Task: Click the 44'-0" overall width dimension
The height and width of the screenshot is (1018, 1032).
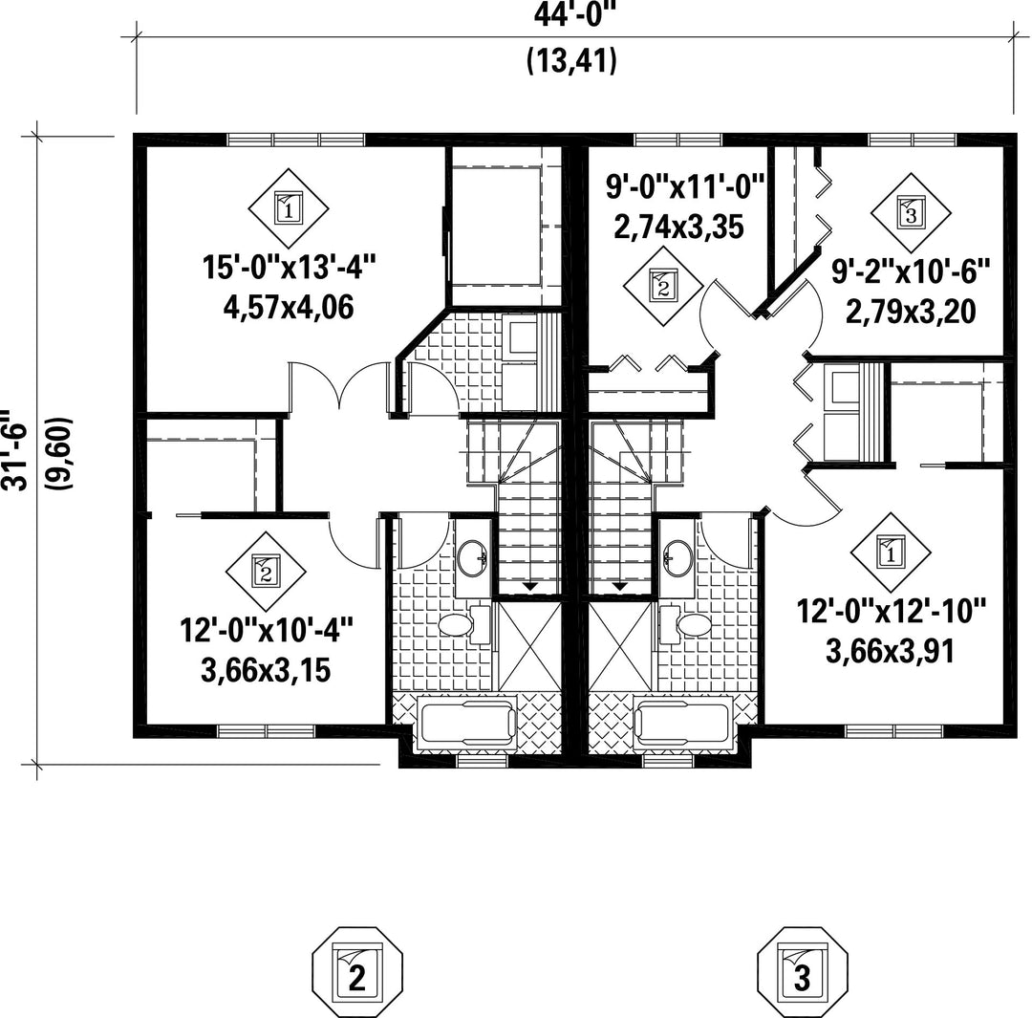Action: coord(569,13)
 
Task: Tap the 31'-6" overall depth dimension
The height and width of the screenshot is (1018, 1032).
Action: coord(14,450)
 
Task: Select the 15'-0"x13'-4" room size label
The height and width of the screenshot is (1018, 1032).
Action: coord(289,268)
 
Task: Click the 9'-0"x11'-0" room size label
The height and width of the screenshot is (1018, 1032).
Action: coord(684,187)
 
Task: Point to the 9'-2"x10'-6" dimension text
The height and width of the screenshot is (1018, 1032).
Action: coord(911,271)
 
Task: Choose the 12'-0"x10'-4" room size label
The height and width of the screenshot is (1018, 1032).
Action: coord(267,630)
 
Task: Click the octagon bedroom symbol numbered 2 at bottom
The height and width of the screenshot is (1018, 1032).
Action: coord(356,973)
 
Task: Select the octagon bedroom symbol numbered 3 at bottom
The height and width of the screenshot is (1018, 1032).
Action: coord(803,973)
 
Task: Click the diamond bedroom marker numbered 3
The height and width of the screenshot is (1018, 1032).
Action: coord(911,212)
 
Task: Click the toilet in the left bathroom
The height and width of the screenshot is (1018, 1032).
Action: coord(464,624)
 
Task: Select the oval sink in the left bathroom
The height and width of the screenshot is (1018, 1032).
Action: coord(472,558)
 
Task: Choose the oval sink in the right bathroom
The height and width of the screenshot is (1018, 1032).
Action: coord(677,558)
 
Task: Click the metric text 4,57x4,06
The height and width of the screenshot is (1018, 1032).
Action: coord(289,307)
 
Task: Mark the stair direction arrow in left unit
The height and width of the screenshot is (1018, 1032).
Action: coord(529,585)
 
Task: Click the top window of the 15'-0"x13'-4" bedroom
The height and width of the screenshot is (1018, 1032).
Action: coord(296,140)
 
